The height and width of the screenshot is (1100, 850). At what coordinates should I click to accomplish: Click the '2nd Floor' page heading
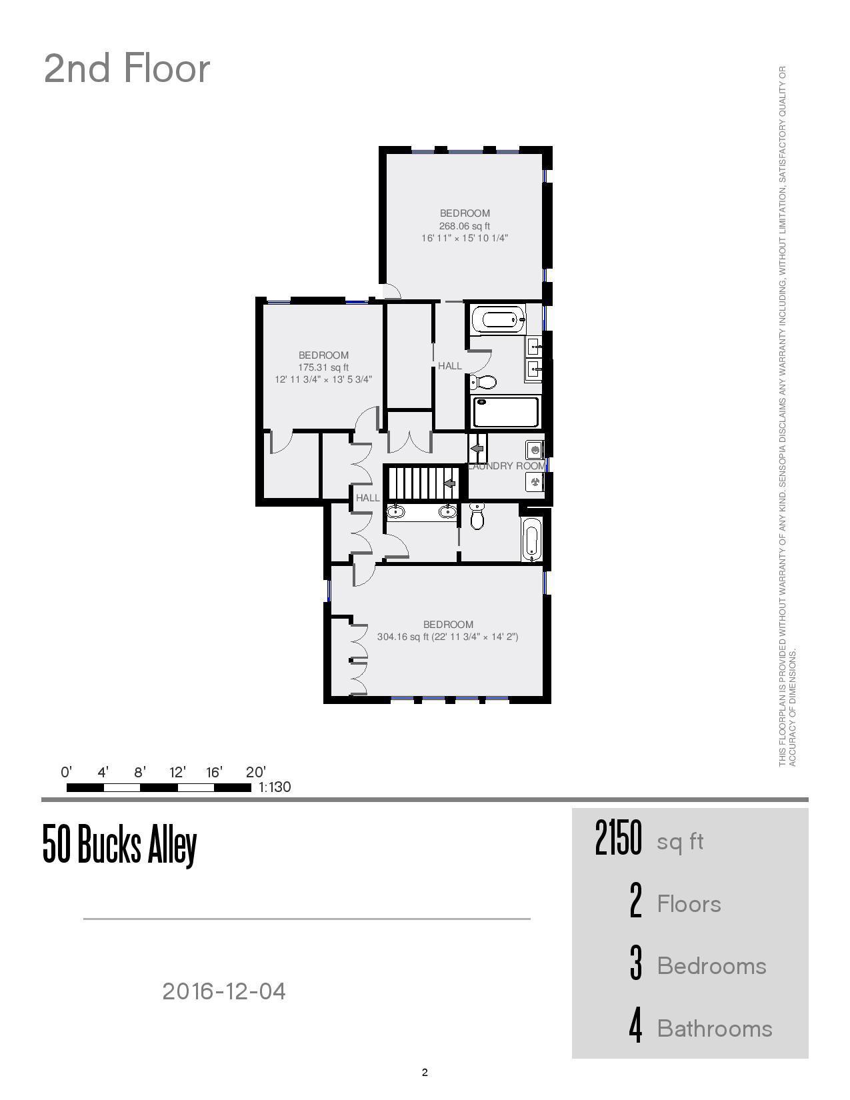(127, 69)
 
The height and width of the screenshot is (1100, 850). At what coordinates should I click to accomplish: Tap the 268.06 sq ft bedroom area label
(465, 226)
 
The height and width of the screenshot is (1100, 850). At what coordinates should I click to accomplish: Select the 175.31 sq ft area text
(323, 367)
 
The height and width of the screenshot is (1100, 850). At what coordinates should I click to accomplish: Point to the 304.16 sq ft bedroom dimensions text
(447, 637)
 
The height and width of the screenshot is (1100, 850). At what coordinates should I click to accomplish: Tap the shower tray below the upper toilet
(506, 413)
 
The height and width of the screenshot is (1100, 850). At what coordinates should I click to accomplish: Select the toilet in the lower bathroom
(477, 516)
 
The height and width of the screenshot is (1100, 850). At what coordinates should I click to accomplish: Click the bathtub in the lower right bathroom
(531, 539)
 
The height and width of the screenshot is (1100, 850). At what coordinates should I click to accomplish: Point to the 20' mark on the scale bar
(256, 773)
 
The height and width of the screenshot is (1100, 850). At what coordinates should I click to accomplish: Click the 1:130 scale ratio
(275, 787)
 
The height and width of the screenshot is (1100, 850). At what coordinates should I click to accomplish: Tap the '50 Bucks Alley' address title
(120, 845)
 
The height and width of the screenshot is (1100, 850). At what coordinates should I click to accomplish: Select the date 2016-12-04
(224, 991)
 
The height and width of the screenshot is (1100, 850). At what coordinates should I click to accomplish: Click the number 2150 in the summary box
(618, 839)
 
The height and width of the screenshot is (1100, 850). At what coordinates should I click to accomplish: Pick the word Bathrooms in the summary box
(715, 1029)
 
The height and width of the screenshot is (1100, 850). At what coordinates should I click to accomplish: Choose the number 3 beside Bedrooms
(636, 965)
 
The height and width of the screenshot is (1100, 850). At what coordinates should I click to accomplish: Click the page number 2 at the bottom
(425, 1073)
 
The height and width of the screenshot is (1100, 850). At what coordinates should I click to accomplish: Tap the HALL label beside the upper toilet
(450, 366)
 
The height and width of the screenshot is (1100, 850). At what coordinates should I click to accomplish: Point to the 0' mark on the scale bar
(66, 773)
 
